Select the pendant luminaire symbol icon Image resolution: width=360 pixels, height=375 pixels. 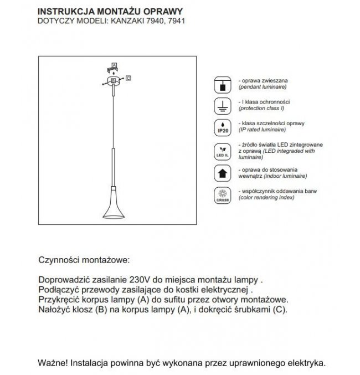point(221,84)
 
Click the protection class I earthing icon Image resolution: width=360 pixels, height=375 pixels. point(221,106)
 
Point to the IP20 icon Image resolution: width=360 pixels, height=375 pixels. point(221,127)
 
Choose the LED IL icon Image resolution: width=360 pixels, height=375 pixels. point(221,151)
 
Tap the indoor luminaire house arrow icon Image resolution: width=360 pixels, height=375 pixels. point(221,173)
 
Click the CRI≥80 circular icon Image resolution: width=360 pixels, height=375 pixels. point(221,196)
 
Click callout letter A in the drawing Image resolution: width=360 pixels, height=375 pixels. point(114,66)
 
